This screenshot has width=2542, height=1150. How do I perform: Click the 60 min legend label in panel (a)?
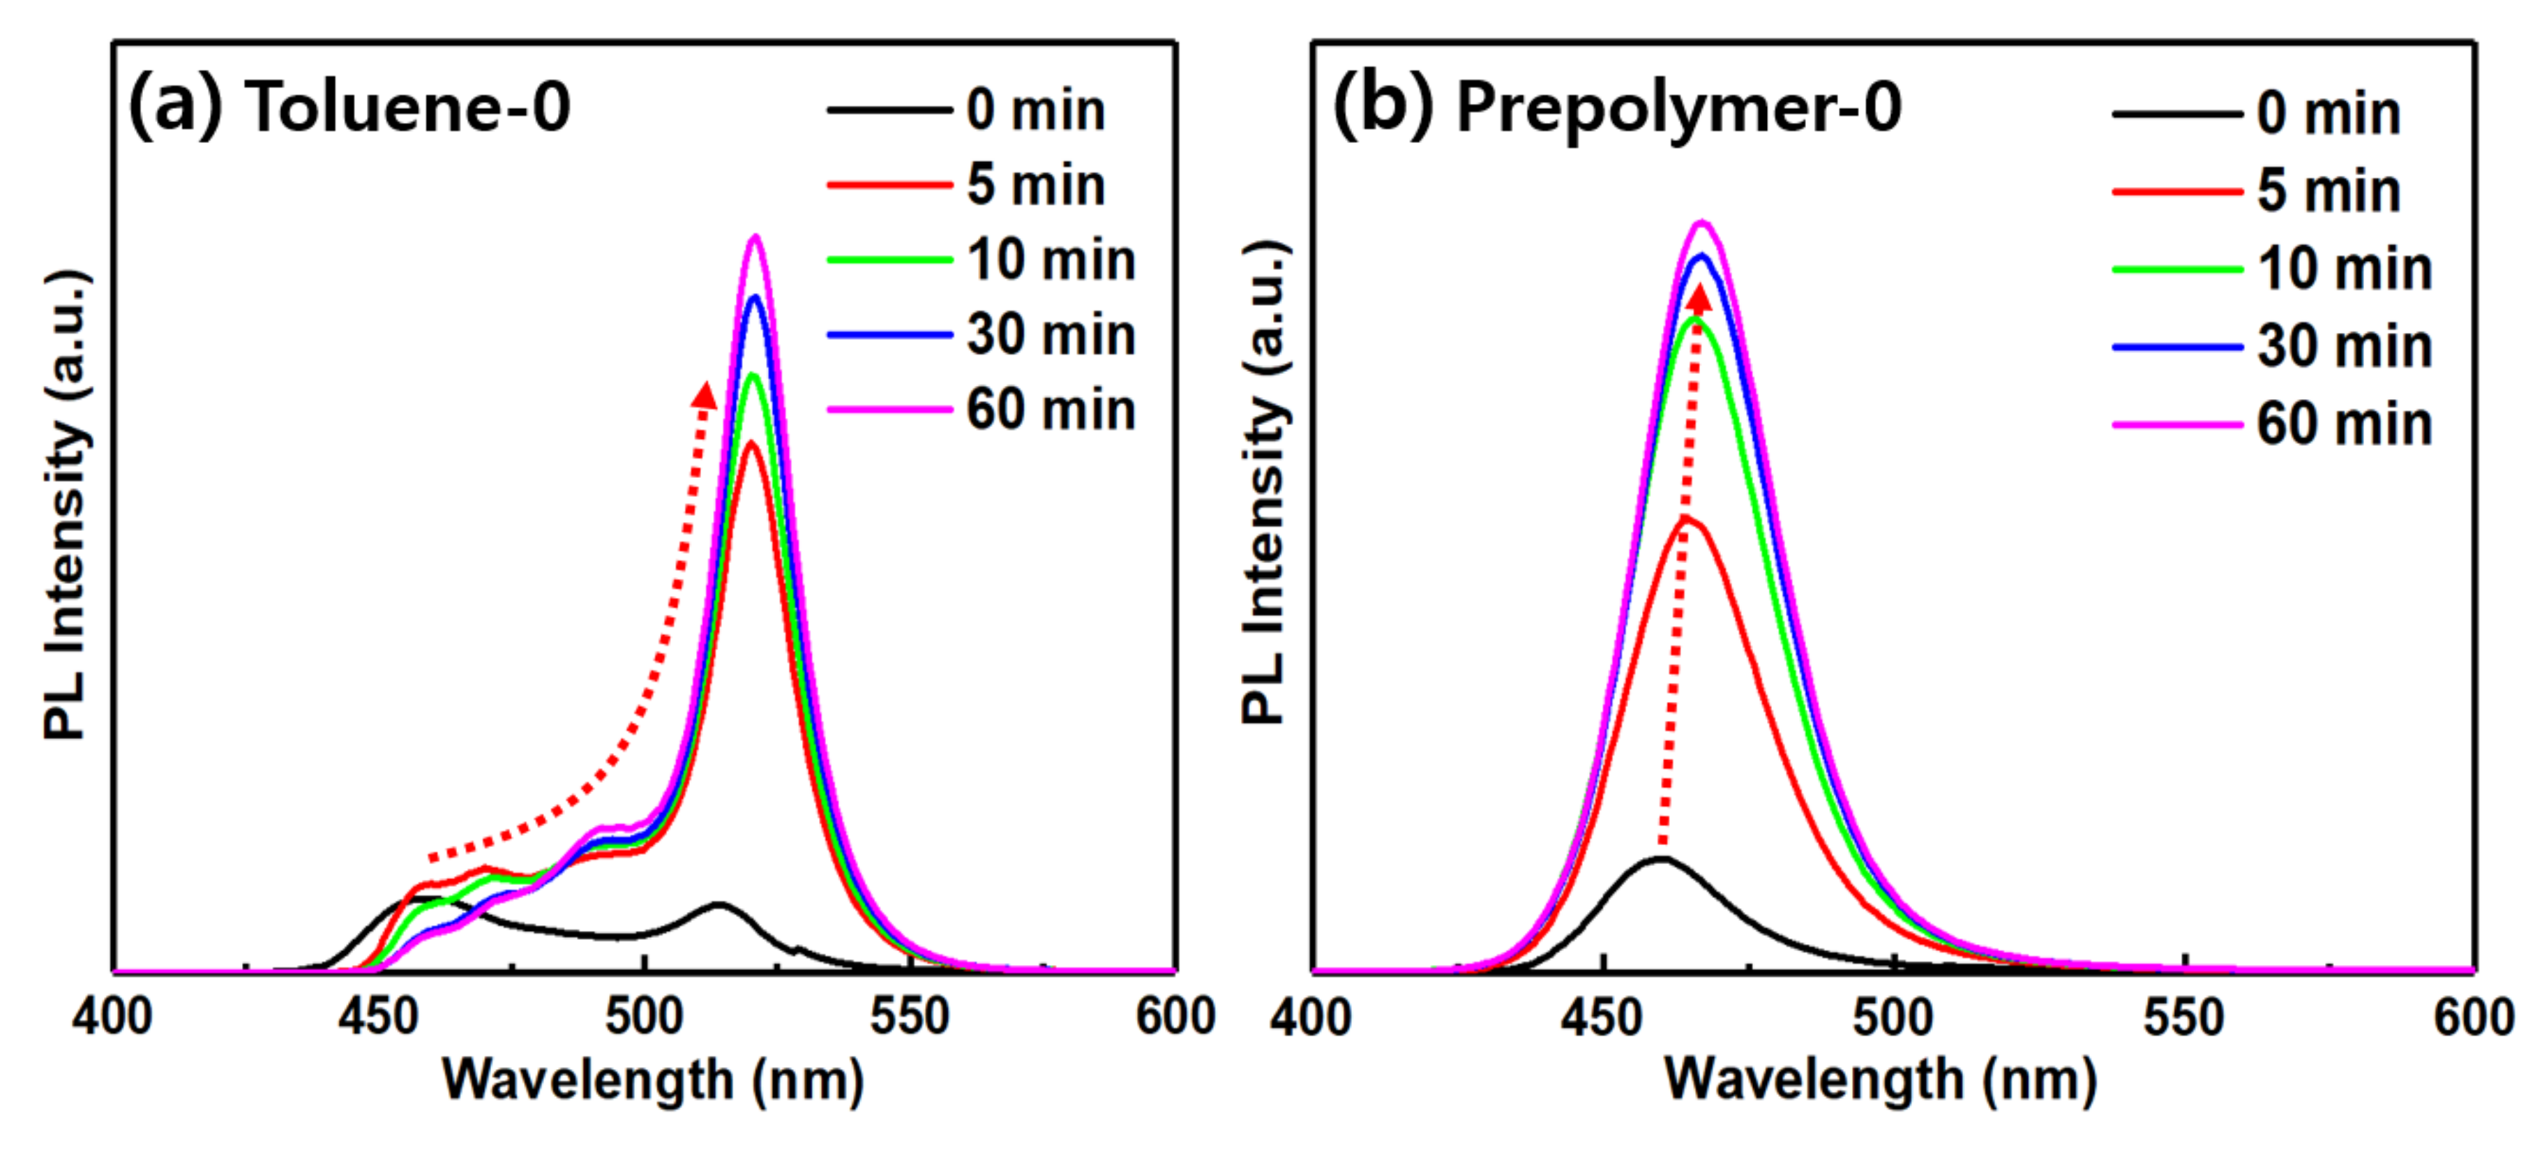[1050, 410]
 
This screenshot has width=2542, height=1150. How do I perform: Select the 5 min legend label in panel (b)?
[2328, 191]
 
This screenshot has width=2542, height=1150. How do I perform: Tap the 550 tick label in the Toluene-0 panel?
[909, 1017]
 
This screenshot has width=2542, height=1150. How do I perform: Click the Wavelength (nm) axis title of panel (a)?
[652, 1080]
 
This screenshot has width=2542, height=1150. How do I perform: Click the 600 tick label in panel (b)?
[2473, 1017]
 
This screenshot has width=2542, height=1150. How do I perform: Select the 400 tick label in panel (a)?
[112, 1017]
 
